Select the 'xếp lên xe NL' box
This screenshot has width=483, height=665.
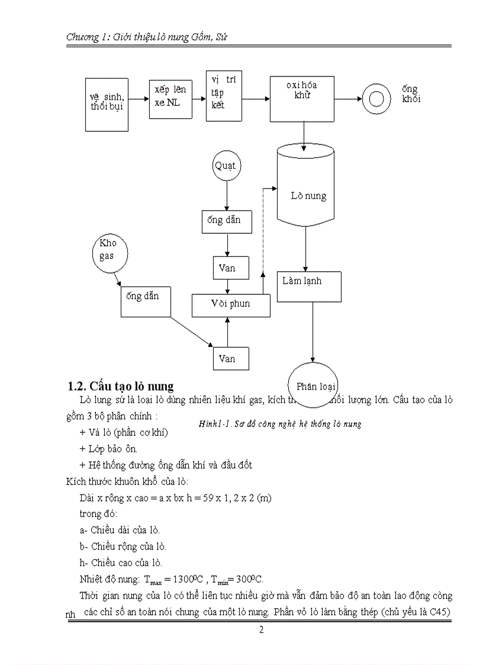coord(170,98)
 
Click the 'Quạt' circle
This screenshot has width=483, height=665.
coord(227,166)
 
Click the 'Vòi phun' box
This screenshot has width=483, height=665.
coord(231,304)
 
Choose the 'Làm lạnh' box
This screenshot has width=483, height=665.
coord(309,286)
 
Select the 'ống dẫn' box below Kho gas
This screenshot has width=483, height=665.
coord(146,301)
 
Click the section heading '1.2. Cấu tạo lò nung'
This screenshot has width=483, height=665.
coord(121,386)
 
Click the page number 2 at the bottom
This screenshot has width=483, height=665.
coord(261,629)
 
